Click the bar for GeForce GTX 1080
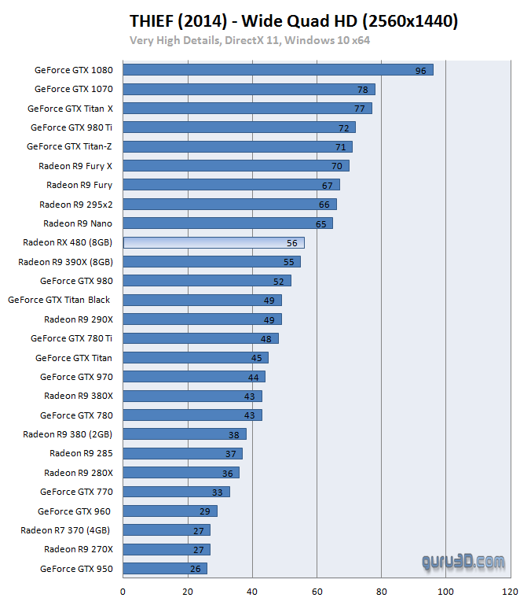pyautogui.click(x=278, y=70)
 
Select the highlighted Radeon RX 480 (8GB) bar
pyautogui.click(x=214, y=242)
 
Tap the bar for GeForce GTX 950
pyautogui.click(x=165, y=568)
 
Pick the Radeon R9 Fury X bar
pyautogui.click(x=236, y=166)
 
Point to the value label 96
pyautogui.click(x=420, y=71)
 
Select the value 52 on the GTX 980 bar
pyautogui.click(x=278, y=281)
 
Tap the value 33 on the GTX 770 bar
pyautogui.click(x=217, y=492)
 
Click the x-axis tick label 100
pyautogui.click(x=446, y=592)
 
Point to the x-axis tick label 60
pyautogui.click(x=317, y=592)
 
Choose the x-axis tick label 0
pyautogui.click(x=123, y=592)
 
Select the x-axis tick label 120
pyautogui.click(x=511, y=592)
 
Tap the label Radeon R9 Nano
pyautogui.click(x=78, y=223)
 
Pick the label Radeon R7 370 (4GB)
pyautogui.click(x=66, y=530)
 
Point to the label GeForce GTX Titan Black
pyautogui.click(x=59, y=300)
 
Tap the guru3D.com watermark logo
pyautogui.click(x=463, y=561)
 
